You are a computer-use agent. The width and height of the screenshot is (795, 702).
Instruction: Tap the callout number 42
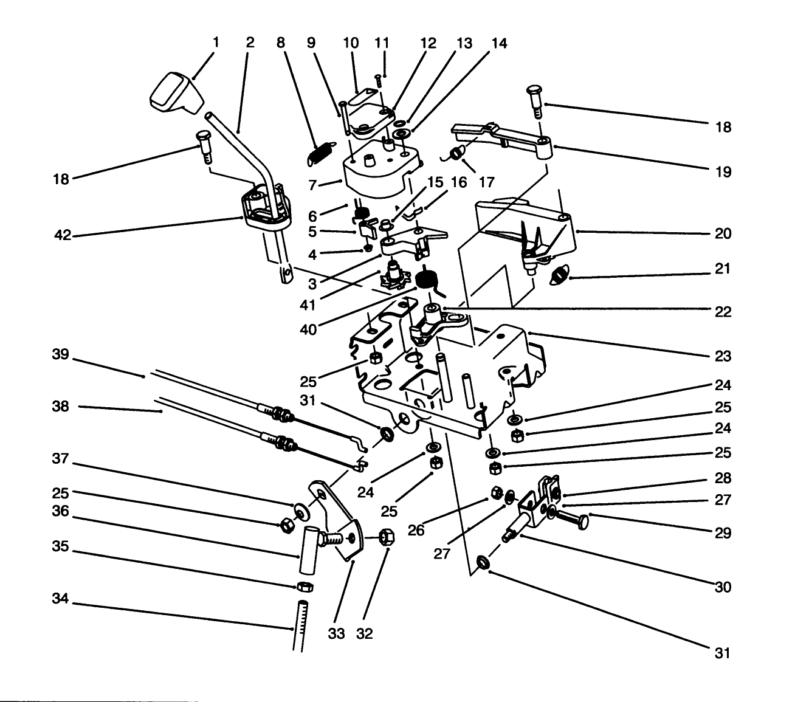click(63, 236)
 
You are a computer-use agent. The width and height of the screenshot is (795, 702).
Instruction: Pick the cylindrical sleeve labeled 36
click(309, 550)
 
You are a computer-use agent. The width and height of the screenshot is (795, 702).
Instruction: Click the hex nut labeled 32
click(385, 537)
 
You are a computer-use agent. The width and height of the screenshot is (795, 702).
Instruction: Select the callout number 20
click(723, 233)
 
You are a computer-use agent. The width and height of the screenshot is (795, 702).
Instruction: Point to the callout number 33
click(336, 633)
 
